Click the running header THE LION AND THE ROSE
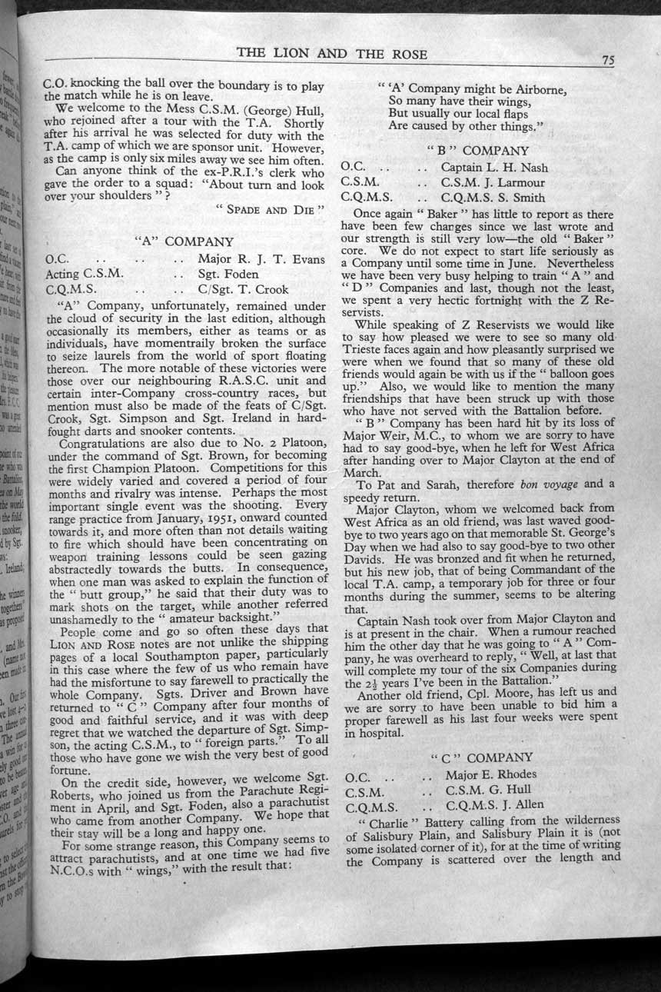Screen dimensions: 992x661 (x=332, y=53)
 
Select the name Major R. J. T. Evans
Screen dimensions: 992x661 (x=261, y=259)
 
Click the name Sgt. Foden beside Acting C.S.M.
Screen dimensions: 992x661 (x=228, y=275)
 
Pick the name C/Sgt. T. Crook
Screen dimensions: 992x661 (x=243, y=290)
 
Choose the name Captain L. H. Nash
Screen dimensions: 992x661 (x=495, y=168)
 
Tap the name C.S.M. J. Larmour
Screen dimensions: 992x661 (x=493, y=183)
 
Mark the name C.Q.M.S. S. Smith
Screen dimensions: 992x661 (x=493, y=198)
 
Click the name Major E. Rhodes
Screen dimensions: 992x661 (x=490, y=774)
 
